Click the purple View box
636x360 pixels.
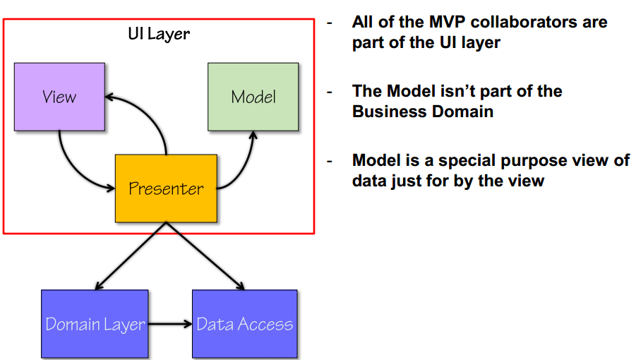point(59,96)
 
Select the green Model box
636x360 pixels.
point(253,96)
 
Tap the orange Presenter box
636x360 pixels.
point(166,188)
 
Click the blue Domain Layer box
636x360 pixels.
point(95,323)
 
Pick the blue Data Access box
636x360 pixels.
point(244,323)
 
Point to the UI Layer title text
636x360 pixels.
point(158,33)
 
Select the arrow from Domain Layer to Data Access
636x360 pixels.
point(169,325)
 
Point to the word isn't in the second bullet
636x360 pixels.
point(455,91)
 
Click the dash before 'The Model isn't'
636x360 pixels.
point(329,92)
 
